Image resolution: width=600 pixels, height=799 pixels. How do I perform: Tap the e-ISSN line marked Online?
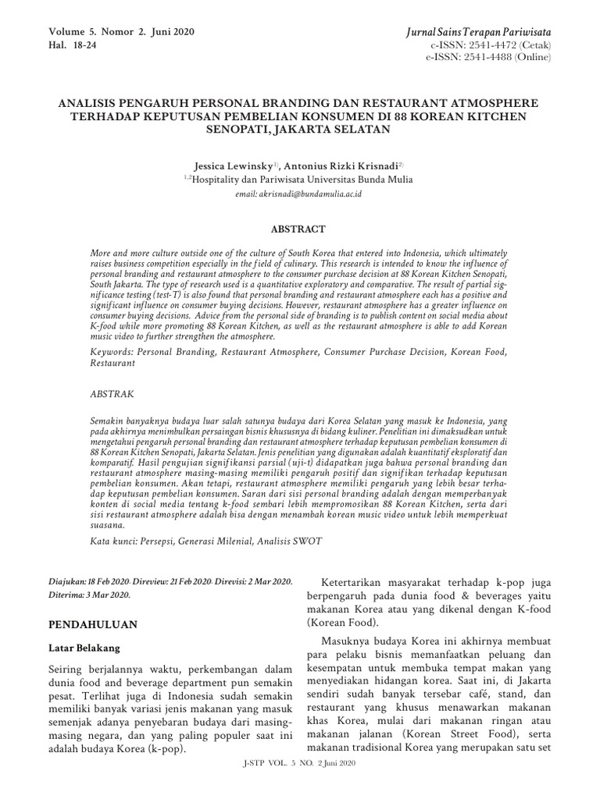(x=488, y=57)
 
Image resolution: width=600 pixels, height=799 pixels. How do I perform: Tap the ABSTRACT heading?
(x=297, y=229)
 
